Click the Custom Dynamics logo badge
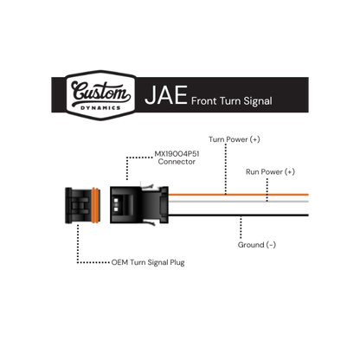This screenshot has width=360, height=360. tap(101, 95)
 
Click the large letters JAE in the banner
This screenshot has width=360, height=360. tap(166, 95)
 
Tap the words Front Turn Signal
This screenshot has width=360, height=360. tap(232, 101)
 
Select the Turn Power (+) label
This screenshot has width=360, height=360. tap(235, 139)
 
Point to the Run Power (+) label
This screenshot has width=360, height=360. tap(270, 172)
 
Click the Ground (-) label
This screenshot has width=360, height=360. tap(257, 245)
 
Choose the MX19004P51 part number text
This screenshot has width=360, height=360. tap(177, 154)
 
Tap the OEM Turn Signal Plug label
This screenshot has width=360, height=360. tap(148, 262)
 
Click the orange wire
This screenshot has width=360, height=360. tap(238, 195)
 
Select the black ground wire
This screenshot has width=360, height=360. tap(238, 215)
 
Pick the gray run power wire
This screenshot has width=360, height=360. tap(238, 202)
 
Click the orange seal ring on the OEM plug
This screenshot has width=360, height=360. tap(95, 205)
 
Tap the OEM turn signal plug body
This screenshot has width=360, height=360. tap(82, 205)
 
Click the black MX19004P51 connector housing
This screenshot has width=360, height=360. tap(139, 205)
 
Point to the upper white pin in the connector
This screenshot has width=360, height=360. tap(116, 200)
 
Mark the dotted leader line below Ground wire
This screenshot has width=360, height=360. tap(241, 228)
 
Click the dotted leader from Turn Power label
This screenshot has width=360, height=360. tap(226, 169)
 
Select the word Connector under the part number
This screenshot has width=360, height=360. tap(177, 162)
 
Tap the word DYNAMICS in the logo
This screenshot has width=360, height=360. tap(100, 108)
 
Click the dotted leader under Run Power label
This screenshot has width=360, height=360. tap(267, 190)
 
